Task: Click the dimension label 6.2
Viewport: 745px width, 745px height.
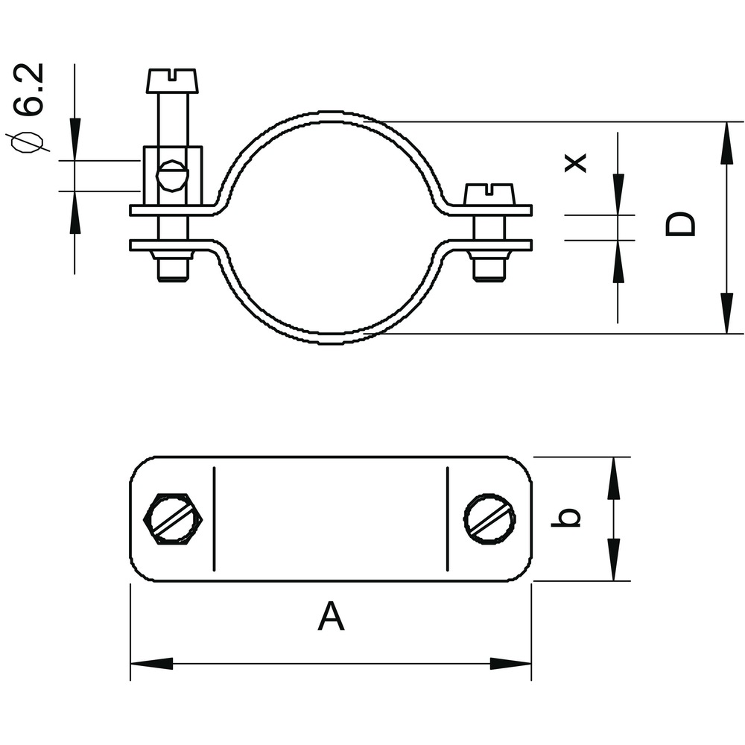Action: (30, 89)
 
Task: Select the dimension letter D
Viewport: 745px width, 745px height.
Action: (680, 224)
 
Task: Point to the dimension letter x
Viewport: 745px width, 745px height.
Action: (575, 162)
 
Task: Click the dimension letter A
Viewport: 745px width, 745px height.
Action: (332, 616)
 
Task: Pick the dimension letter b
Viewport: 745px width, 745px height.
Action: (565, 517)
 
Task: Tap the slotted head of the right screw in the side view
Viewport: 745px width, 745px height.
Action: (489, 194)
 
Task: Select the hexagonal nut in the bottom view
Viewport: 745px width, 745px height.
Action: (173, 519)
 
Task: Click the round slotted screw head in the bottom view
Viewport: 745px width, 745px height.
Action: (490, 519)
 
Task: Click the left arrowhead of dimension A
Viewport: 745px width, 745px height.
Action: (151, 664)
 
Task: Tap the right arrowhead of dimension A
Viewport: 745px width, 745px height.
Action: (510, 664)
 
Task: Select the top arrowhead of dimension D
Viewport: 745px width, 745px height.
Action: (726, 143)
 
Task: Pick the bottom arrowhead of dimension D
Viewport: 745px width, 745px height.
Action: (726, 313)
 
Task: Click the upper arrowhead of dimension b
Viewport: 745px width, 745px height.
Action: (613, 478)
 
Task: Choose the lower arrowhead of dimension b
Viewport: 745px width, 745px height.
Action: (613, 559)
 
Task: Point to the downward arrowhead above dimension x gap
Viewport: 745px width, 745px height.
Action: (618, 194)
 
